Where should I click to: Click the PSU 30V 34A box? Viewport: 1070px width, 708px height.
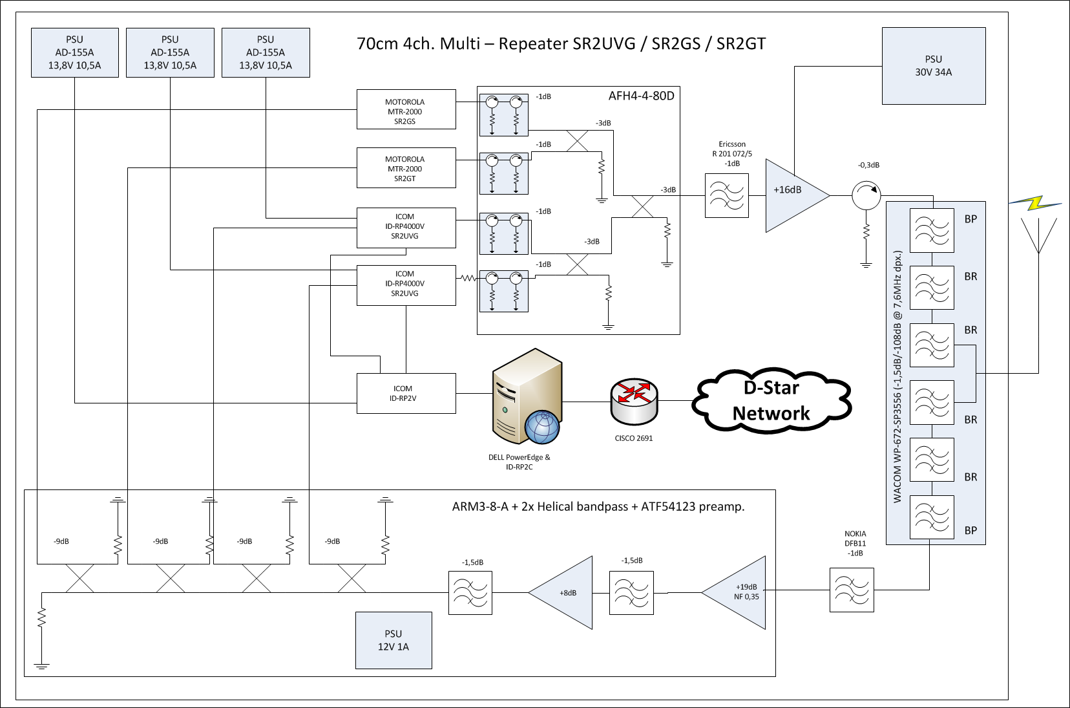[x=933, y=65]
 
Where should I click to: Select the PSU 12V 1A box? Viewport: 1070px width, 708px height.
[x=393, y=640]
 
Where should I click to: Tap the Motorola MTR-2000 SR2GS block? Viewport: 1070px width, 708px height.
[x=406, y=110]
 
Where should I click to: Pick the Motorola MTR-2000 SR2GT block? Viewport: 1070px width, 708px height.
[x=406, y=168]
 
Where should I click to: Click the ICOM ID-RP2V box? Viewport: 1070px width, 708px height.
[x=406, y=393]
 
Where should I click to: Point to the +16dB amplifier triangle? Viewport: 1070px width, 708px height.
[x=792, y=195]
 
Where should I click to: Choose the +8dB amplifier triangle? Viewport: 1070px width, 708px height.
[x=566, y=592]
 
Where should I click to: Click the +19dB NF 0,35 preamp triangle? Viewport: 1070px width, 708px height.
[x=740, y=592]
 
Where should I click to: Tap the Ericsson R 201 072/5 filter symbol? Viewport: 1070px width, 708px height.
[x=726, y=195]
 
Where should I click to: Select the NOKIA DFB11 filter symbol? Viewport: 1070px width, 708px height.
[x=852, y=590]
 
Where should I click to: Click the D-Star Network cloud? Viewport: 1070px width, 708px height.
[x=771, y=401]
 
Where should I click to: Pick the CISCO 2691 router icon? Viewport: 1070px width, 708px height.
[x=634, y=401]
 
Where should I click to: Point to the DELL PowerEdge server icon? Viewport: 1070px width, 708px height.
[x=525, y=397]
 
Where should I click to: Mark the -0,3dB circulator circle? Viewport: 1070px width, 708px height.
[x=866, y=195]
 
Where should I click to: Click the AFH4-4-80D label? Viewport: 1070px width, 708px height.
[x=641, y=96]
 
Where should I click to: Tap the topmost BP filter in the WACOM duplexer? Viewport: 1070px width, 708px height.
[x=932, y=230]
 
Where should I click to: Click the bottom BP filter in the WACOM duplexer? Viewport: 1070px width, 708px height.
[x=932, y=517]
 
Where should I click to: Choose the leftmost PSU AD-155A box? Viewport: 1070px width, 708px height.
[x=75, y=52]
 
